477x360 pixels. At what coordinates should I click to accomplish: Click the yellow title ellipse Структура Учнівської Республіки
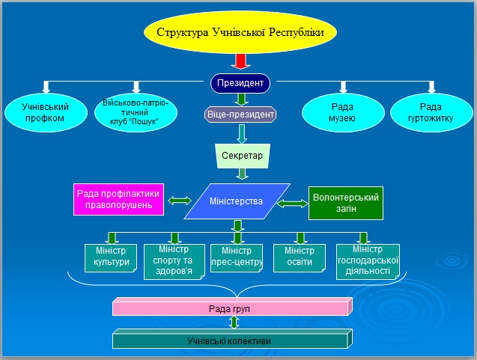pyautogui.click(x=240, y=33)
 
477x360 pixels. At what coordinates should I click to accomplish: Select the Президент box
pyautogui.click(x=240, y=82)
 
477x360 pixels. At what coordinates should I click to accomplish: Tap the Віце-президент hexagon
pyautogui.click(x=240, y=115)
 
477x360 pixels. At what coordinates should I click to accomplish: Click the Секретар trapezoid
pyautogui.click(x=242, y=156)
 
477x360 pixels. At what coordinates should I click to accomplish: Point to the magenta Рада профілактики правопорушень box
pyautogui.click(x=118, y=199)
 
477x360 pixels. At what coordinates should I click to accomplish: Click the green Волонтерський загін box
pyautogui.click(x=346, y=203)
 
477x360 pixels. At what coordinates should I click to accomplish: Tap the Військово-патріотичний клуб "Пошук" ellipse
pyautogui.click(x=136, y=112)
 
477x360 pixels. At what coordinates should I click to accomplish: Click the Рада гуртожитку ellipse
pyautogui.click(x=431, y=112)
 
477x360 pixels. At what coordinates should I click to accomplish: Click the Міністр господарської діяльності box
pyautogui.click(x=367, y=260)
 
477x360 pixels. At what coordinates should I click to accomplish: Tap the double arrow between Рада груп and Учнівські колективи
pyautogui.click(x=234, y=323)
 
